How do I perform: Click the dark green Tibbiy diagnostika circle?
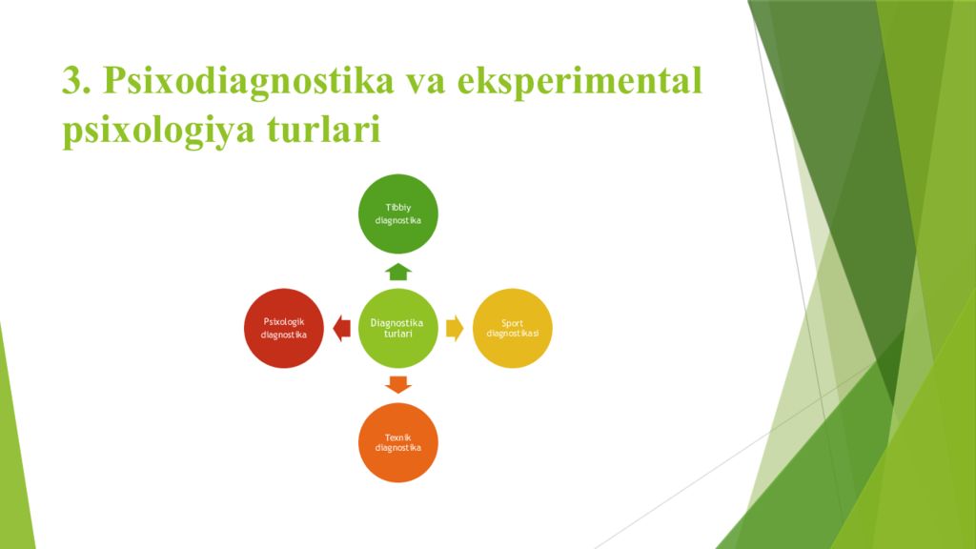pyautogui.click(x=397, y=213)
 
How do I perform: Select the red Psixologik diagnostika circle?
pyautogui.click(x=284, y=328)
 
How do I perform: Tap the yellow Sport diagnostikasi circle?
pyautogui.click(x=512, y=328)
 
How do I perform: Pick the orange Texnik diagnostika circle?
pyautogui.click(x=397, y=442)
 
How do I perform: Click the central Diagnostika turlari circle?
pyautogui.click(x=397, y=328)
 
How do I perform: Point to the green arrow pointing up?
pyautogui.click(x=397, y=271)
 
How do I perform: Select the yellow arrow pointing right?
pyautogui.click(x=455, y=328)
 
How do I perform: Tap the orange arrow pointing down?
pyautogui.click(x=397, y=384)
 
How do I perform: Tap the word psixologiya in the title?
pyautogui.click(x=151, y=130)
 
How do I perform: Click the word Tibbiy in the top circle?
pyautogui.click(x=397, y=207)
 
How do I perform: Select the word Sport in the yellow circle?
pyautogui.click(x=512, y=323)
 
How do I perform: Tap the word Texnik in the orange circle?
pyautogui.click(x=397, y=437)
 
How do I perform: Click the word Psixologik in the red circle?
pyautogui.click(x=284, y=321)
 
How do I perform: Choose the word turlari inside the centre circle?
pyautogui.click(x=397, y=334)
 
